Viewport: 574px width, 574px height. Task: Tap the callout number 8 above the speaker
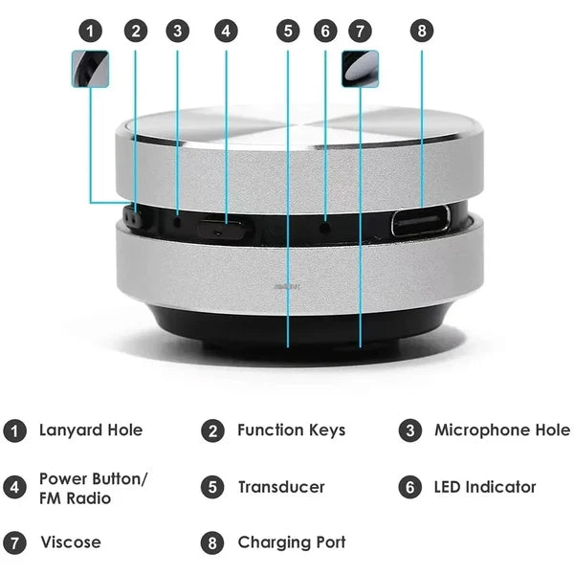coord(422,30)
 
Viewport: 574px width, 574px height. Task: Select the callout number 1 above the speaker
coord(91,30)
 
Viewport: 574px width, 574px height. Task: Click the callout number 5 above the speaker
coord(288,30)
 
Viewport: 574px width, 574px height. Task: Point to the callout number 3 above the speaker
coord(177,30)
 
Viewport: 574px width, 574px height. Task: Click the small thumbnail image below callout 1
coord(90,69)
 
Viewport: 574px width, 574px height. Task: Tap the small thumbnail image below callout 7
coord(360,69)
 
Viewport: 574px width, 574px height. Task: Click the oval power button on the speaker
coord(221,230)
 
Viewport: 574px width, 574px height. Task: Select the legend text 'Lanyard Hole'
coord(91,430)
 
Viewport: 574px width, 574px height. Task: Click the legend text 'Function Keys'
coord(291,430)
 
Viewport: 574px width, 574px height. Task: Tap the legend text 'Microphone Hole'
coord(501,430)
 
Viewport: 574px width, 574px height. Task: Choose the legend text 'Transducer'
coord(281,487)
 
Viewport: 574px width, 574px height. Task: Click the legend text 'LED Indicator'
coord(485,487)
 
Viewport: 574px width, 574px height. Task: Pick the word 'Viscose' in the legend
coord(70,542)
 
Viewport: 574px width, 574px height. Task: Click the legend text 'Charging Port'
coord(292,542)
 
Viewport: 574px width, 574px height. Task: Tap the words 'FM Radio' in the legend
coord(75,498)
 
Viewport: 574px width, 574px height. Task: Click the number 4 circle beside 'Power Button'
coord(14,487)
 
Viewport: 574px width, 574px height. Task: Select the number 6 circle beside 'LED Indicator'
coord(410,487)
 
